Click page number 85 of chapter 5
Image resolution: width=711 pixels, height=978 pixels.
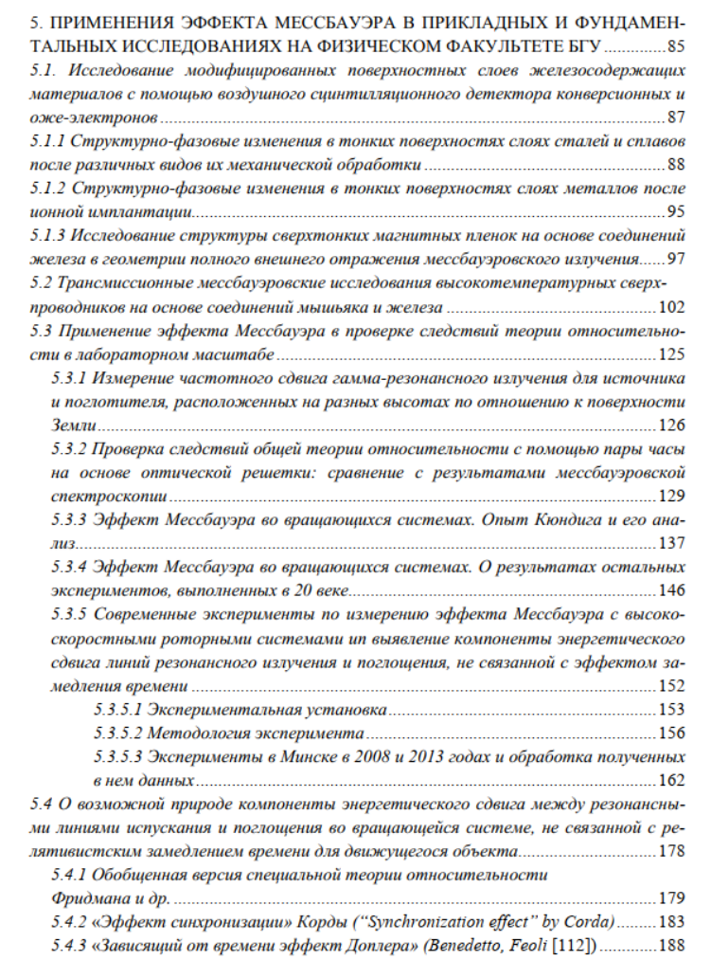tap(674, 45)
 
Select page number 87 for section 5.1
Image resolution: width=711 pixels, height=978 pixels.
tap(674, 118)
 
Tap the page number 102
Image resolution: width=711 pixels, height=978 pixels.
tap(670, 308)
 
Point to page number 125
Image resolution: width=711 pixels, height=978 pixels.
tap(670, 355)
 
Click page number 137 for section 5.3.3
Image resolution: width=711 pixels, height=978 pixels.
tap(670, 544)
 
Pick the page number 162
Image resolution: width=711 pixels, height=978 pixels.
tap(670, 781)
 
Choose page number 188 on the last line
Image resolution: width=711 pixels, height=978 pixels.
tap(670, 946)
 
